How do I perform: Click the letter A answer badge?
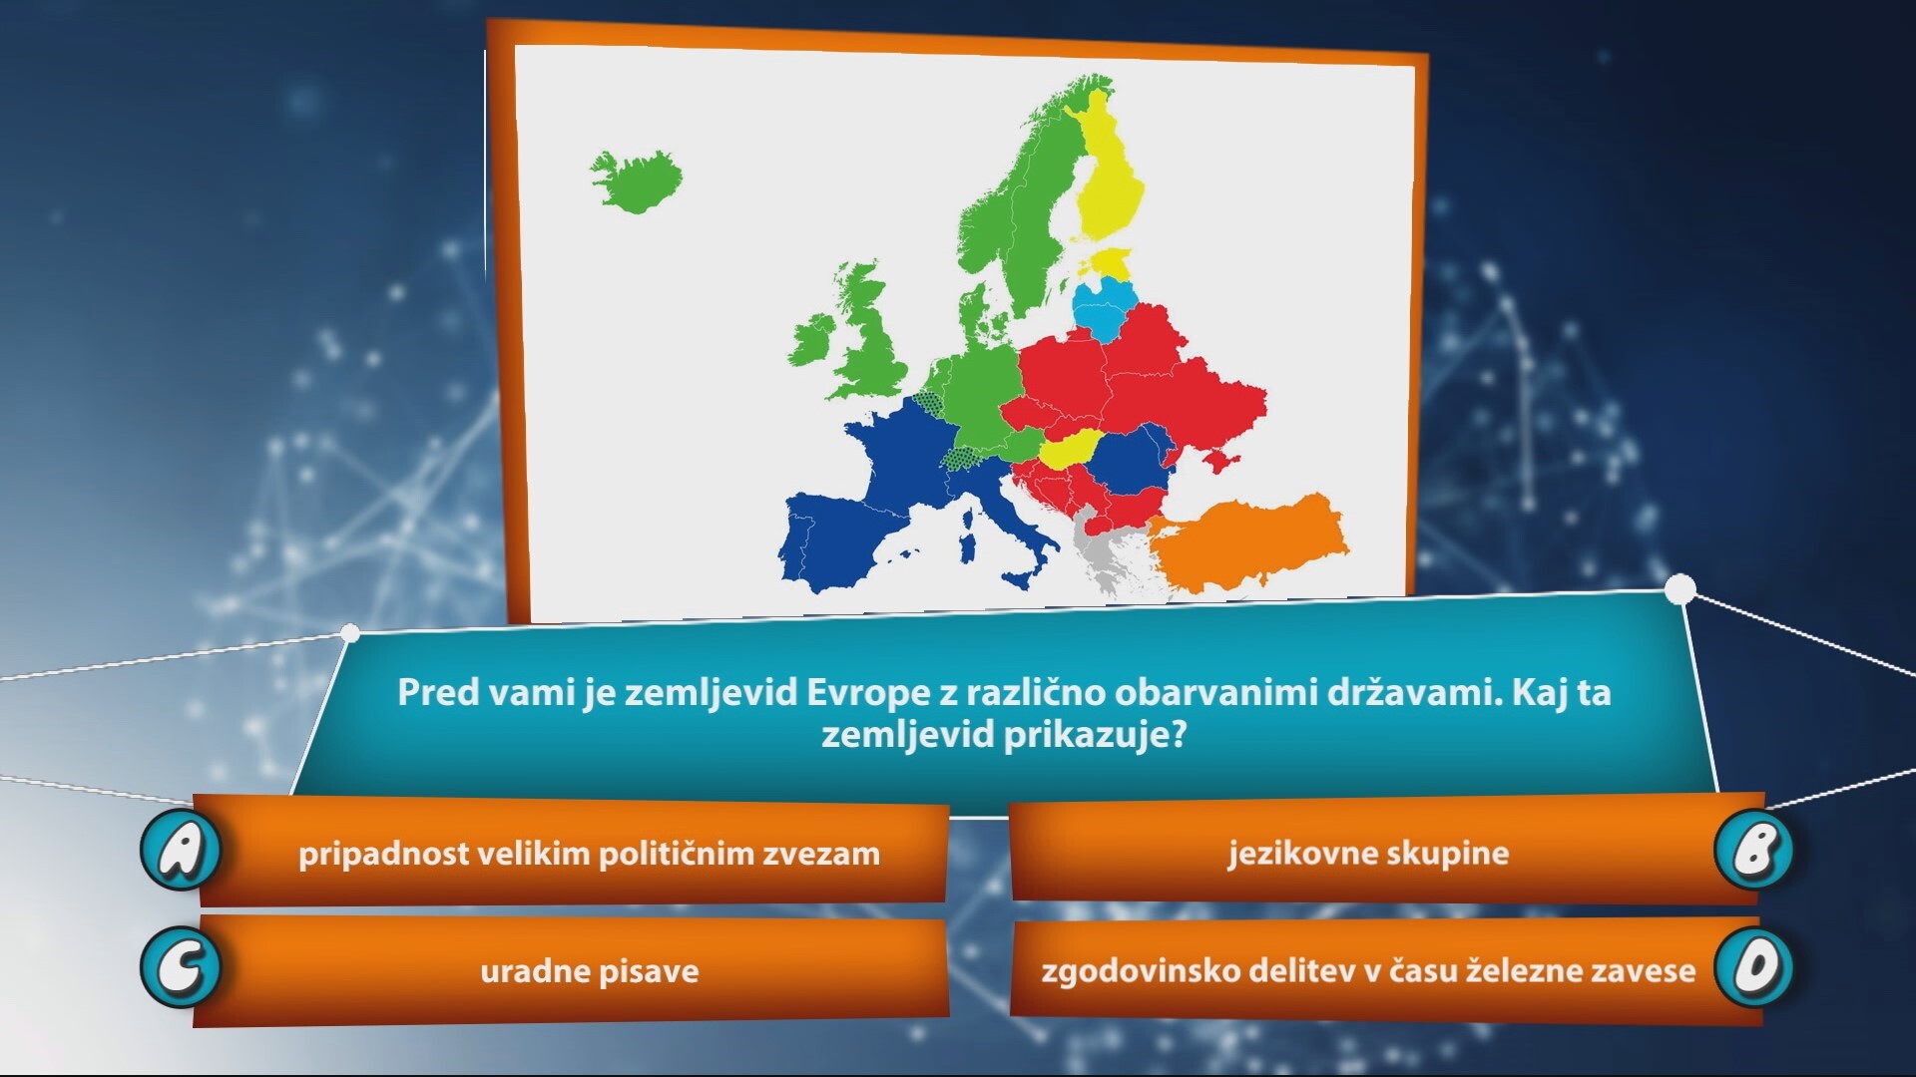181,850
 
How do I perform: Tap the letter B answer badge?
1753,850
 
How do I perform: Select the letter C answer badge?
181,967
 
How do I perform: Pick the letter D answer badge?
1753,967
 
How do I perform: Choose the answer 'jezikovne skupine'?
1368,854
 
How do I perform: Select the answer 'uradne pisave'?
590,971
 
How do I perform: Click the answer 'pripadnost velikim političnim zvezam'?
589,854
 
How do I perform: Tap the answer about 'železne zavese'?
1368,970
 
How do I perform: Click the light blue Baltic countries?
1106,308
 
